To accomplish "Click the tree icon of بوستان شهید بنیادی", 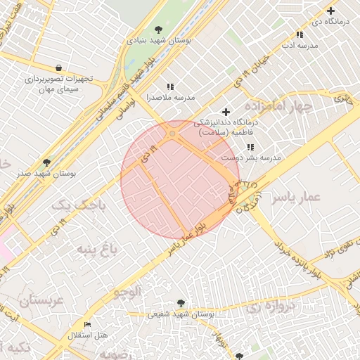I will (x=158, y=30).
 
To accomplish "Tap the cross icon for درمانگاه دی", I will (x=330, y=11).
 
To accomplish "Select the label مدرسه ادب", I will (x=300, y=45).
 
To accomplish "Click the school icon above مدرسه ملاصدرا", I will (x=170, y=86).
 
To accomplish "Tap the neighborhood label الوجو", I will (x=127, y=290).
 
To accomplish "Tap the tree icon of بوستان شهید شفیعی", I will (x=181, y=303).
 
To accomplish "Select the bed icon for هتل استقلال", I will (x=87, y=324).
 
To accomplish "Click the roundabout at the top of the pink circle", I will (x=173, y=133).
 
